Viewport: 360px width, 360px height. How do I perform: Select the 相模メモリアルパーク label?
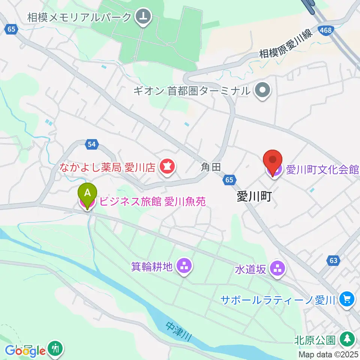pyautogui.click(x=79, y=17)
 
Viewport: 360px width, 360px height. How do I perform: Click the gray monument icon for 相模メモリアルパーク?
pyautogui.click(x=143, y=17)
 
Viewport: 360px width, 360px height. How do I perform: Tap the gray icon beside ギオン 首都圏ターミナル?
pyautogui.click(x=262, y=90)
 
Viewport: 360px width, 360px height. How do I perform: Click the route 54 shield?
pyautogui.click(x=91, y=144)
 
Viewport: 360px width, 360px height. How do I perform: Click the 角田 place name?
pyautogui.click(x=211, y=167)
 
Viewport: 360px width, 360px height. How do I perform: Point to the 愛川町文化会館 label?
pyautogui.click(x=322, y=170)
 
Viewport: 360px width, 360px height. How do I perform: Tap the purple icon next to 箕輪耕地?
pyautogui.click(x=184, y=267)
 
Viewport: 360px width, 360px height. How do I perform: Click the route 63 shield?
pyautogui.click(x=334, y=260)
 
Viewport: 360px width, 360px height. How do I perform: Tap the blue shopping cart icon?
pyautogui.click(x=346, y=299)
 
